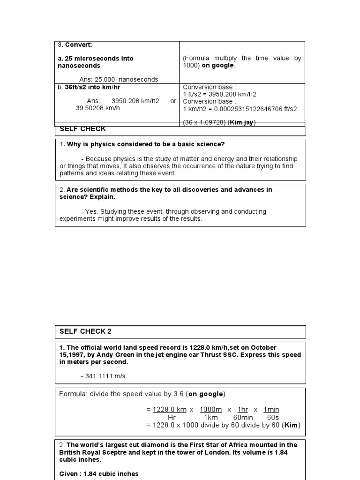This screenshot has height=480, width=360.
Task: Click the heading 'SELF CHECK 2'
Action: (85, 331)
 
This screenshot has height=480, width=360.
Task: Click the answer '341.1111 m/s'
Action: (105, 376)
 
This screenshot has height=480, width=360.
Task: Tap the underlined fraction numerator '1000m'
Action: (210, 409)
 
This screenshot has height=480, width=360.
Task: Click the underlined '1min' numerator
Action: (271, 409)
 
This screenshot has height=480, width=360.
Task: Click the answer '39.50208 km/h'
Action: (98, 108)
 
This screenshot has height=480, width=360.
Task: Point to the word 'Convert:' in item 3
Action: (79, 45)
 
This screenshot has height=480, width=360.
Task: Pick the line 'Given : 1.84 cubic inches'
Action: (99, 474)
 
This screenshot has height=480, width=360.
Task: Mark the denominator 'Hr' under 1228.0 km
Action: (172, 417)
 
